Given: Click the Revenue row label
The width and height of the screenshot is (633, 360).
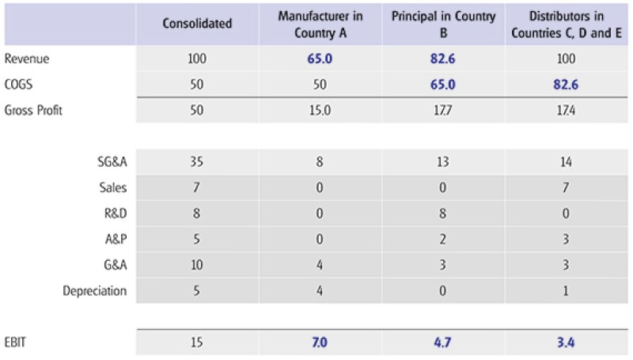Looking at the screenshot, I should (x=28, y=59).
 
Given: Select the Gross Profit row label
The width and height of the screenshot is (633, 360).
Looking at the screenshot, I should (x=34, y=110).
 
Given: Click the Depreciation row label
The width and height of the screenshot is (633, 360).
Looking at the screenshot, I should (x=95, y=290).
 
